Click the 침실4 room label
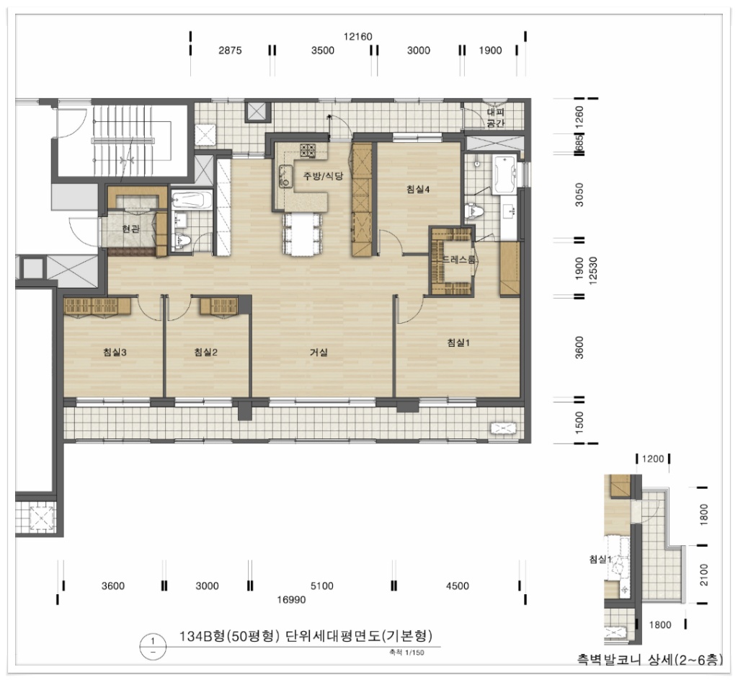pos(418,190)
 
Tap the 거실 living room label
pos(319,352)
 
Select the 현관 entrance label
pos(130,229)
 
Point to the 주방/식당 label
pos(323,176)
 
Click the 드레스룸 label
pos(458,260)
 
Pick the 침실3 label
pos(115,352)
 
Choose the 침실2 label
pos(205,352)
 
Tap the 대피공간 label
pos(496,118)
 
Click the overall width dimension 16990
pos(291,599)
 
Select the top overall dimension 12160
pos(357,37)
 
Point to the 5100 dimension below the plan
pos(322,586)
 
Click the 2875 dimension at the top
pos(230,50)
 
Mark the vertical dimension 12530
pos(592,271)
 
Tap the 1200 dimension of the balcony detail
pos(653,459)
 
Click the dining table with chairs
pos(303,234)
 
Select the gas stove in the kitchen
pos(308,150)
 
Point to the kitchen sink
pos(284,176)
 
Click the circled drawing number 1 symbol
pos(153,646)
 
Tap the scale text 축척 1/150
pos(406,653)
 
